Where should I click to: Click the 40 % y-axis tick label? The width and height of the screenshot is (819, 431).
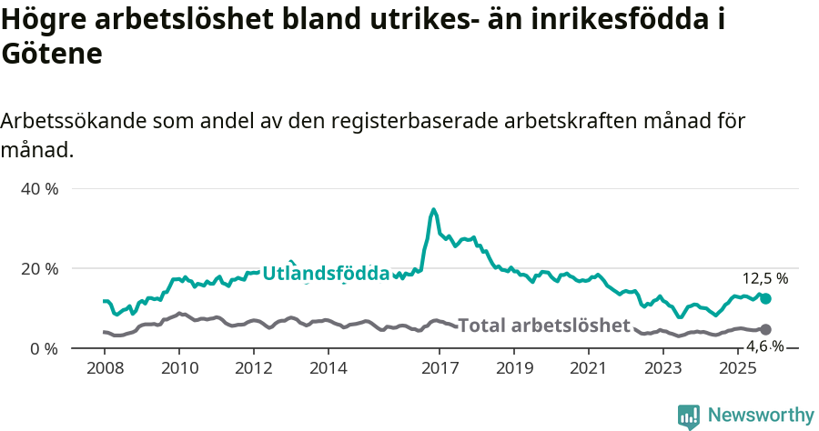(39, 189)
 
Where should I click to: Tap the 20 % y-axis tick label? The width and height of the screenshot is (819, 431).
(39, 268)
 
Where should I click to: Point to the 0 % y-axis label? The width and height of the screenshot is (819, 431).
(44, 348)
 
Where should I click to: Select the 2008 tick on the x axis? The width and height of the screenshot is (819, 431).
(105, 368)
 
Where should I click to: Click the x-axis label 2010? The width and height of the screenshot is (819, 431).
(179, 368)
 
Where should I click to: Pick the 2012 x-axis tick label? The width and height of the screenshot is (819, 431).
(254, 368)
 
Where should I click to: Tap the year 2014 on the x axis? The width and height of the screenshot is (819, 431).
(329, 368)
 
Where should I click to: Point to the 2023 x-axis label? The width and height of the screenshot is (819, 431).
(663, 368)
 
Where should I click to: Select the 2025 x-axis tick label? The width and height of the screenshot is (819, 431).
(737, 368)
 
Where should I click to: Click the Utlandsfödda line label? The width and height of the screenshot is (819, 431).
(326, 273)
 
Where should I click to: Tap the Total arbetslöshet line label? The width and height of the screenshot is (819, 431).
(543, 326)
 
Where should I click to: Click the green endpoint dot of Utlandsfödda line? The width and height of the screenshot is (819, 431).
(765, 298)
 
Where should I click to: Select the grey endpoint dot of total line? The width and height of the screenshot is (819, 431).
(765, 329)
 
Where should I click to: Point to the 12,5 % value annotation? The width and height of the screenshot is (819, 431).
(765, 278)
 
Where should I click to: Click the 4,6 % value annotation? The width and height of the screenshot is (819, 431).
(765, 346)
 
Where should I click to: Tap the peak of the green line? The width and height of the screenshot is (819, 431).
(434, 210)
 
